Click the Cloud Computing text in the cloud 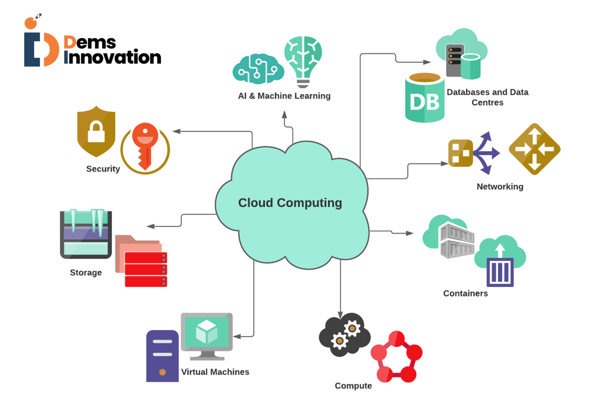click(x=290, y=203)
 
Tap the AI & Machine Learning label click(x=284, y=96)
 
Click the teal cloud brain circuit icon click(x=258, y=69)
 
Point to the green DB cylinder click(x=424, y=99)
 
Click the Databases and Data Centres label click(x=487, y=97)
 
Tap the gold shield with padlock click(x=96, y=131)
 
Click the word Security click(x=103, y=169)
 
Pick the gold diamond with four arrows click(x=534, y=149)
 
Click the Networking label click(x=500, y=186)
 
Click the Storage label click(x=86, y=272)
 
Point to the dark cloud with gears click(x=344, y=334)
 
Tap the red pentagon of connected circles click(x=397, y=357)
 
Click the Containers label click(x=465, y=293)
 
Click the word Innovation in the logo click(x=112, y=57)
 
